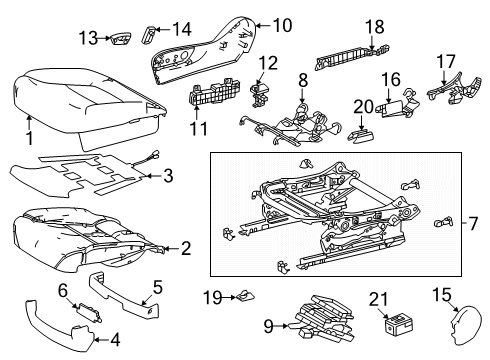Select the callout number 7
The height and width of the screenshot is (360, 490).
[474, 220]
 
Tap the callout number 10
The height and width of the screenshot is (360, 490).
[281, 24]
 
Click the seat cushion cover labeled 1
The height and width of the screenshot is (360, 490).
[85, 95]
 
